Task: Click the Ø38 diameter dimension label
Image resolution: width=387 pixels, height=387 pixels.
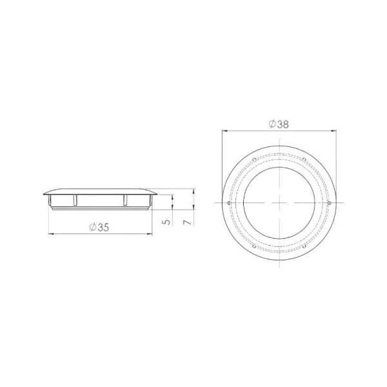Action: tap(279, 124)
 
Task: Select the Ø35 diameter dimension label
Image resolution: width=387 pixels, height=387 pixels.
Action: tap(99, 227)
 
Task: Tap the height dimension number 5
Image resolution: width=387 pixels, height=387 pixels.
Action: tap(167, 222)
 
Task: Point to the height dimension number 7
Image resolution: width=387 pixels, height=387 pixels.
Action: tap(188, 222)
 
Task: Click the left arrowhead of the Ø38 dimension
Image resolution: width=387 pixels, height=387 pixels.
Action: tap(224, 130)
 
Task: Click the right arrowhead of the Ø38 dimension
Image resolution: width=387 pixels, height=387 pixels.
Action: tap(334, 130)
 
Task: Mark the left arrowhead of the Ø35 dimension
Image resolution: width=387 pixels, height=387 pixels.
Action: tap(51, 233)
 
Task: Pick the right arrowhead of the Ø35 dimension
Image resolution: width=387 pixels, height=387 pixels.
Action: tap(150, 233)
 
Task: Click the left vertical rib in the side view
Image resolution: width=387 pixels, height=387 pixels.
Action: tap(75, 200)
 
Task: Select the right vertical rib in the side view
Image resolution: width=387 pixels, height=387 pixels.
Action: tap(125, 200)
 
